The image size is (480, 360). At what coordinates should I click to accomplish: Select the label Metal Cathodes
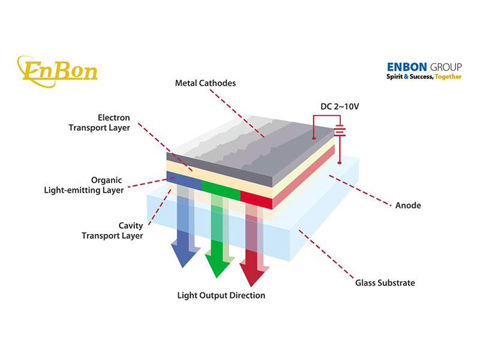(x=205, y=83)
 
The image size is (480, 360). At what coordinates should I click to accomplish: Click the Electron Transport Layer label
(x=107, y=122)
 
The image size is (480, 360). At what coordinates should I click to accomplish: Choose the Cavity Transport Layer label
(x=112, y=230)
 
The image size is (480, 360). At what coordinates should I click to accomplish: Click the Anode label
(x=408, y=205)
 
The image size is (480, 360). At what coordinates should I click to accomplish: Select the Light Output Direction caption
(x=221, y=295)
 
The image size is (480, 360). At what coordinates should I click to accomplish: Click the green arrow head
(x=218, y=262)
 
